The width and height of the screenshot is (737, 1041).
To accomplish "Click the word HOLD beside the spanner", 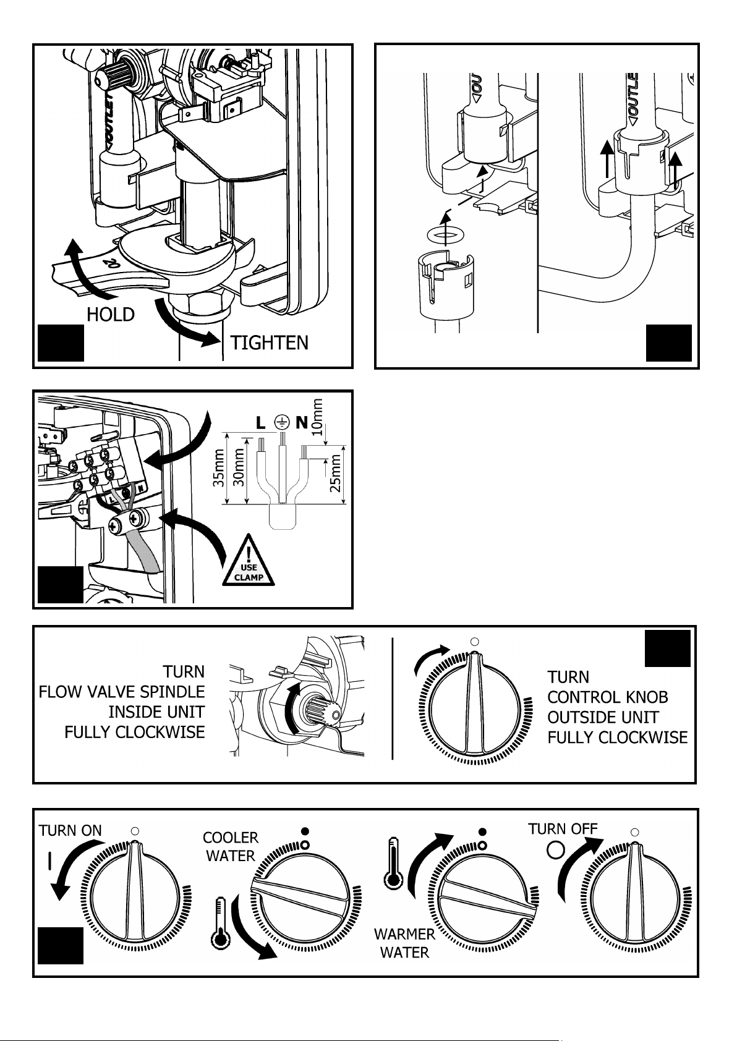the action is [x=111, y=315].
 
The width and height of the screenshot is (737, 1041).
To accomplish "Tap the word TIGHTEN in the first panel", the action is [x=270, y=343].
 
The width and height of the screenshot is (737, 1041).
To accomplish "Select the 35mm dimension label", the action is [x=218, y=467].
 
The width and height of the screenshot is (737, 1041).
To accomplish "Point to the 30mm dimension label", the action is [x=239, y=467].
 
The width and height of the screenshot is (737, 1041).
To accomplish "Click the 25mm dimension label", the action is [x=335, y=473].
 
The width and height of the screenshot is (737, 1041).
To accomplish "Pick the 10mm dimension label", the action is [x=317, y=417].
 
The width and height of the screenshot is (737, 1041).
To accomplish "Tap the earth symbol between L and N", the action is [x=281, y=422].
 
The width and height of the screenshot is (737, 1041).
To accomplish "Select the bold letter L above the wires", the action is [x=261, y=423].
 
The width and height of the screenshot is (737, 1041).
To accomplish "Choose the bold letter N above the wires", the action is [x=302, y=422].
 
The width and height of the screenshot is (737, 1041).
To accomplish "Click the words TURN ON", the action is [x=70, y=830].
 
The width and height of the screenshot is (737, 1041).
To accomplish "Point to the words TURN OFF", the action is [x=563, y=828].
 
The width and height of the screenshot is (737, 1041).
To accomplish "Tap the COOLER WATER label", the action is [x=231, y=846].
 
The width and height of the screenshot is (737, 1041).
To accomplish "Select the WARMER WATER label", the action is [x=404, y=943].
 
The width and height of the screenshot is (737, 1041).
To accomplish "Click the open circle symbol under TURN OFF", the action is [x=556, y=850].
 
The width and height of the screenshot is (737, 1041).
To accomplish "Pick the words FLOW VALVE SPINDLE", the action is [x=122, y=692].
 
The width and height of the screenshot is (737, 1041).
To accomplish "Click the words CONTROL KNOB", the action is [x=608, y=697].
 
